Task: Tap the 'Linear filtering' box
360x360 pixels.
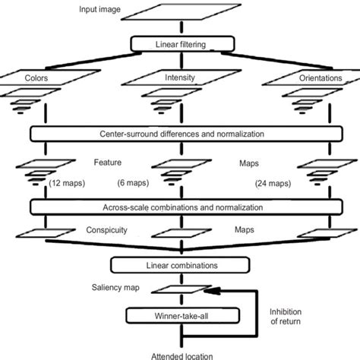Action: click(179, 45)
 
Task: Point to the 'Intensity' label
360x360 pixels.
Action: click(179, 77)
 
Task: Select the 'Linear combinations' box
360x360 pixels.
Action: click(179, 265)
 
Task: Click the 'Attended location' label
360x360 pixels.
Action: click(179, 354)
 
